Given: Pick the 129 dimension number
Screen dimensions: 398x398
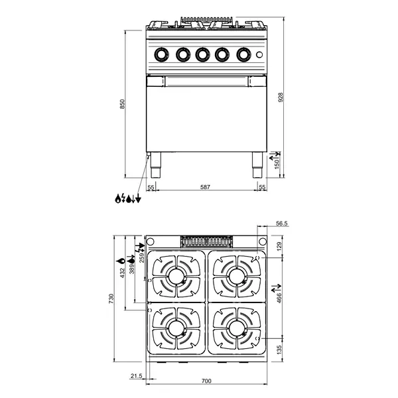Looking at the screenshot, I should click(279, 245).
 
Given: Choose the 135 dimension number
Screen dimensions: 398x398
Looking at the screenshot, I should click(279, 350).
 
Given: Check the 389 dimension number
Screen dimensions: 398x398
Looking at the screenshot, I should click(133, 265).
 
